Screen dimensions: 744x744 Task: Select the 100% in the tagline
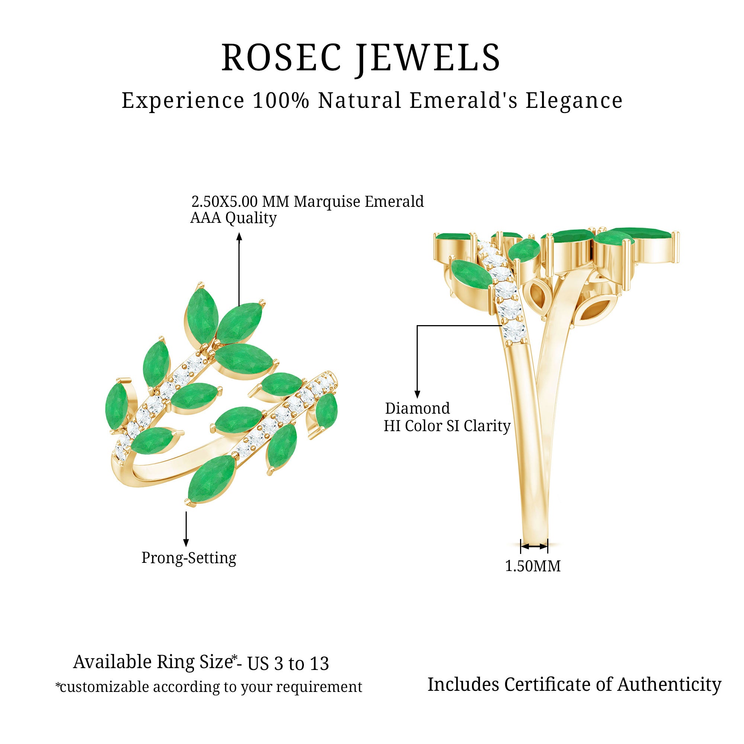[281, 101]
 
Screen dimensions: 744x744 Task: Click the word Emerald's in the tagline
[463, 101]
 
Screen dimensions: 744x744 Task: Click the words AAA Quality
[233, 218]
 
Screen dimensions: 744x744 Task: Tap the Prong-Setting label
[189, 558]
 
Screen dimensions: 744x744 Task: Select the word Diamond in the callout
[417, 408]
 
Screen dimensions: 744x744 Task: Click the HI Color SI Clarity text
[447, 426]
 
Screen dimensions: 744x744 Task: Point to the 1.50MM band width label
[533, 566]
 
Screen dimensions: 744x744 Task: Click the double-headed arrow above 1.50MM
[534, 546]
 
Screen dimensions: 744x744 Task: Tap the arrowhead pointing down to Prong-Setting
[186, 543]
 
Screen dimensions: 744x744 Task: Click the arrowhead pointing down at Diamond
[417, 394]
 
